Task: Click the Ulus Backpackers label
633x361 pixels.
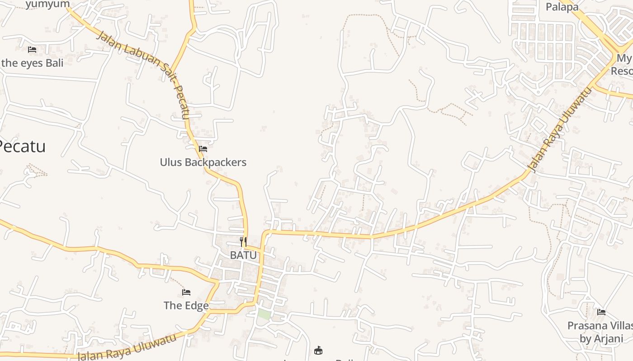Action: [x=203, y=162]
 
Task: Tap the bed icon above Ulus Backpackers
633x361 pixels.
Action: [x=203, y=148]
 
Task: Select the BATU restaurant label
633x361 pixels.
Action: [x=243, y=255]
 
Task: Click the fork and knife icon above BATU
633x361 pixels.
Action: [x=243, y=241]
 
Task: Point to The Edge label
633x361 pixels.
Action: [x=186, y=305]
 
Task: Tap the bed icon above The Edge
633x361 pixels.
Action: [x=186, y=292]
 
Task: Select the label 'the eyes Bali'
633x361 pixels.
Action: [x=33, y=63]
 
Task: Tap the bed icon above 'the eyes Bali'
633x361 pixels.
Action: [x=32, y=49]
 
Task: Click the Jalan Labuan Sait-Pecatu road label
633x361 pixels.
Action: [x=143, y=74]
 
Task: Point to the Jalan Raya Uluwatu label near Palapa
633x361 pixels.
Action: [x=560, y=130]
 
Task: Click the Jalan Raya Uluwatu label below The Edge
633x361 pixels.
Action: [x=126, y=347]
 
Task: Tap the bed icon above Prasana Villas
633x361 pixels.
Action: [x=601, y=312]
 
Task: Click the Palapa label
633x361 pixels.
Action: [x=562, y=7]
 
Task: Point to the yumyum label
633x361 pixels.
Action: [x=47, y=5]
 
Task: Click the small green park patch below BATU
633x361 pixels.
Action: [x=264, y=315]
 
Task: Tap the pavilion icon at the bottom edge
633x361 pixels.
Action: [x=318, y=350]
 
